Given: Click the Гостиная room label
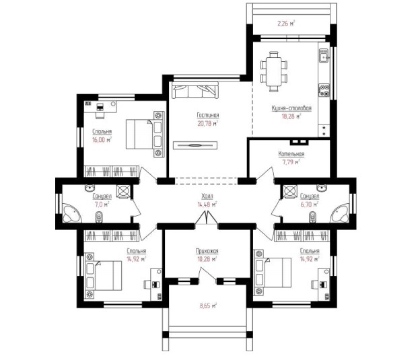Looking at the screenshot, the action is pyautogui.click(x=208, y=115).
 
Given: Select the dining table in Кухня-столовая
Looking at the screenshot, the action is pyautogui.click(x=274, y=71).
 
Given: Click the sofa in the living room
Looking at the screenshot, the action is pyautogui.click(x=195, y=90).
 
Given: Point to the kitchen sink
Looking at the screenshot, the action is pyautogui.click(x=324, y=56).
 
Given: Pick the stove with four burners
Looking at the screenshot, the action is pyautogui.click(x=324, y=90).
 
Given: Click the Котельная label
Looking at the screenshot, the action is pyautogui.click(x=291, y=153).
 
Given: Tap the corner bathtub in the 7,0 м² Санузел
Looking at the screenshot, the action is pyautogui.click(x=72, y=213).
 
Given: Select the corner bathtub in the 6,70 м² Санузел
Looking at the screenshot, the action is pyautogui.click(x=339, y=213).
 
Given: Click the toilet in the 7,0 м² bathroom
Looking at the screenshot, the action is pyautogui.click(x=99, y=217).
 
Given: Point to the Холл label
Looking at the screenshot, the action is pyautogui.click(x=207, y=196).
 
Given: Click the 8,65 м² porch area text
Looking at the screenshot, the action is pyautogui.click(x=208, y=305).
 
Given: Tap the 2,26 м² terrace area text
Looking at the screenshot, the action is pyautogui.click(x=286, y=24).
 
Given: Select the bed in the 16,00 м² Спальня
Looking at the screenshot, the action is pyautogui.click(x=139, y=134).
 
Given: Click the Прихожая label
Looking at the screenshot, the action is pyautogui.click(x=207, y=251).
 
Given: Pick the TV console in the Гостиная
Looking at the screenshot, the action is pyautogui.click(x=195, y=145).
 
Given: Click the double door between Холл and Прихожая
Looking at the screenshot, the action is pyautogui.click(x=207, y=218).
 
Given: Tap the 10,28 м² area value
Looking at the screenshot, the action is pyautogui.click(x=207, y=259).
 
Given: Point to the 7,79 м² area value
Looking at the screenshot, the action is pyautogui.click(x=291, y=161).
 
